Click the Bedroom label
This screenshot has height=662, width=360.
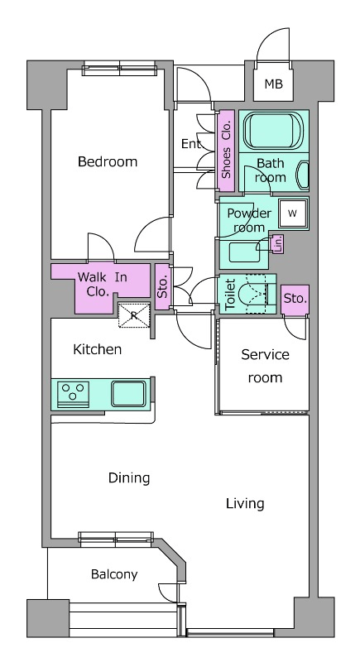pyautogui.click(x=108, y=161)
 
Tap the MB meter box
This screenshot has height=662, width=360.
pyautogui.click(x=273, y=84)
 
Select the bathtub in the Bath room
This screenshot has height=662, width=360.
pyautogui.click(x=273, y=131)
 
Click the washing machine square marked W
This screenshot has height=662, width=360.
pyautogui.click(x=292, y=213)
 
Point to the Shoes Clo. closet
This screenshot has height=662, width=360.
pyautogui.click(x=226, y=150)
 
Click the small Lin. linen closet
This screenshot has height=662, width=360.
pyautogui.click(x=278, y=244)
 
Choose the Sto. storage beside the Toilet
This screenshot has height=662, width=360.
pyautogui.click(x=295, y=300)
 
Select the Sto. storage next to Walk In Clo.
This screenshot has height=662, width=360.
pyautogui.click(x=163, y=286)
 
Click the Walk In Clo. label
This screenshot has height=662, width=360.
pyautogui.click(x=103, y=285)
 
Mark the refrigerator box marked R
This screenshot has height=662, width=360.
pyautogui.click(x=134, y=315)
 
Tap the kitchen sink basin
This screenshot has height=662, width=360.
pyautogui.click(x=129, y=394)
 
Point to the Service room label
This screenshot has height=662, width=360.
pyautogui.click(x=265, y=366)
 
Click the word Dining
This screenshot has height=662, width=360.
pyautogui.click(x=129, y=478)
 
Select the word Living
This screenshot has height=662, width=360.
pyautogui.click(x=245, y=504)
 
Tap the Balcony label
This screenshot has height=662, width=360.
pyautogui.click(x=114, y=574)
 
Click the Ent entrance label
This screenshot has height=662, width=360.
pyautogui.click(x=191, y=144)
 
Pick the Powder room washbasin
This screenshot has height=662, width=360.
pyautogui.click(x=244, y=253)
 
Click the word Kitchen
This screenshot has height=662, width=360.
pyautogui.click(x=98, y=349)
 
